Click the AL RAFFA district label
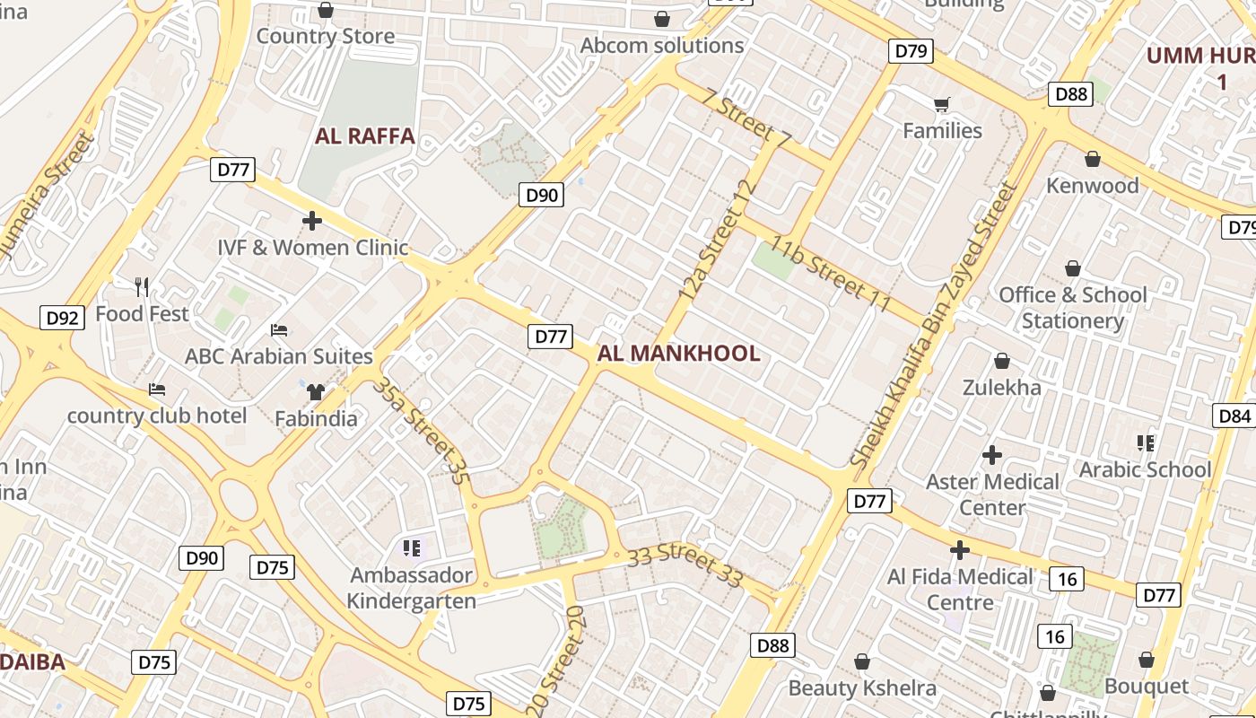point(364,136)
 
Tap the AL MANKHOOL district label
point(678,354)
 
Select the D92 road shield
point(63,317)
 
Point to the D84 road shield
point(1235,416)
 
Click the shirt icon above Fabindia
point(315,391)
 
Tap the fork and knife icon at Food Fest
point(141,287)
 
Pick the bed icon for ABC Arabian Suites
point(278,330)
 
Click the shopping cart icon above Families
point(941,105)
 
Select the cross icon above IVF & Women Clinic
point(311,220)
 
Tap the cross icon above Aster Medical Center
point(991,455)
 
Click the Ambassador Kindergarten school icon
point(412,547)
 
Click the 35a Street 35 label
point(422,433)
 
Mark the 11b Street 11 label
point(829,276)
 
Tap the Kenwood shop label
point(1093,186)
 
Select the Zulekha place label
point(1001,388)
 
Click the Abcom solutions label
point(662,45)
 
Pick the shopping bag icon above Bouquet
point(1146,660)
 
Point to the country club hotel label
point(157,416)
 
